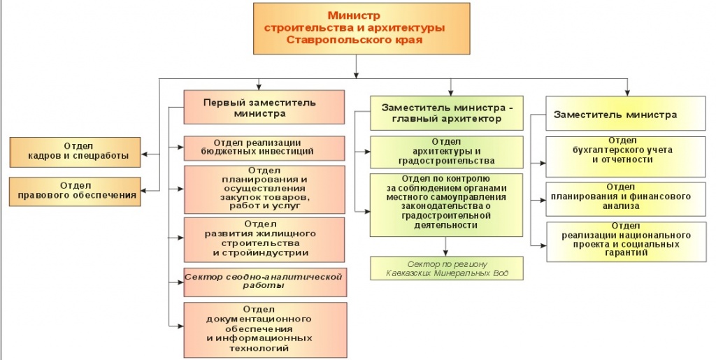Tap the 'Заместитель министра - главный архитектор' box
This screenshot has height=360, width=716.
click(x=446, y=113)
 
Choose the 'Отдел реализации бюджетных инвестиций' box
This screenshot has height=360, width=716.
click(x=264, y=147)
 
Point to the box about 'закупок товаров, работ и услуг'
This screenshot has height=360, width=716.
click(x=264, y=189)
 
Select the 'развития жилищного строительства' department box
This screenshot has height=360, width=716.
click(x=264, y=238)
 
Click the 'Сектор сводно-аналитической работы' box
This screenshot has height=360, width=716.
click(x=264, y=281)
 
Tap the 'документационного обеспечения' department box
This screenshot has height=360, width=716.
click(x=264, y=328)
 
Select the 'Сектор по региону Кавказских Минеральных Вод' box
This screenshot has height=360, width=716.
click(x=446, y=268)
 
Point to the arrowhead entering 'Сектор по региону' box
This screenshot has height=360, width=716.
click(x=445, y=253)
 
